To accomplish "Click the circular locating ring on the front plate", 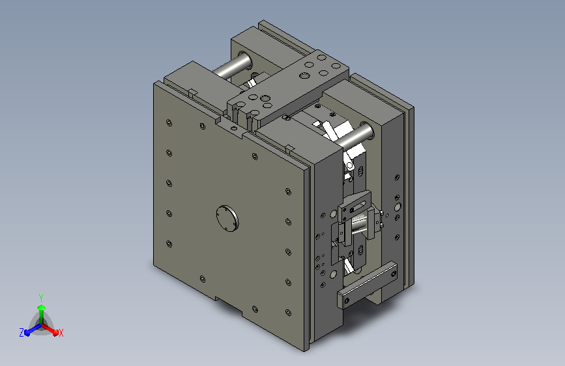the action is pos(227,219).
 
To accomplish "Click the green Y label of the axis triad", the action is pos(41,298).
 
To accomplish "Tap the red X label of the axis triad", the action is pos(61,333).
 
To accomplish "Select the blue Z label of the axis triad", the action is pos(22,333).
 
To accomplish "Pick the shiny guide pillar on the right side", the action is pos(356,137).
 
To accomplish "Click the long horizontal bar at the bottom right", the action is pos(368,285).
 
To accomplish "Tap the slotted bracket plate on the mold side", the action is pos(355,207).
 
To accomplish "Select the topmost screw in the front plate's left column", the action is pos(169,123).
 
